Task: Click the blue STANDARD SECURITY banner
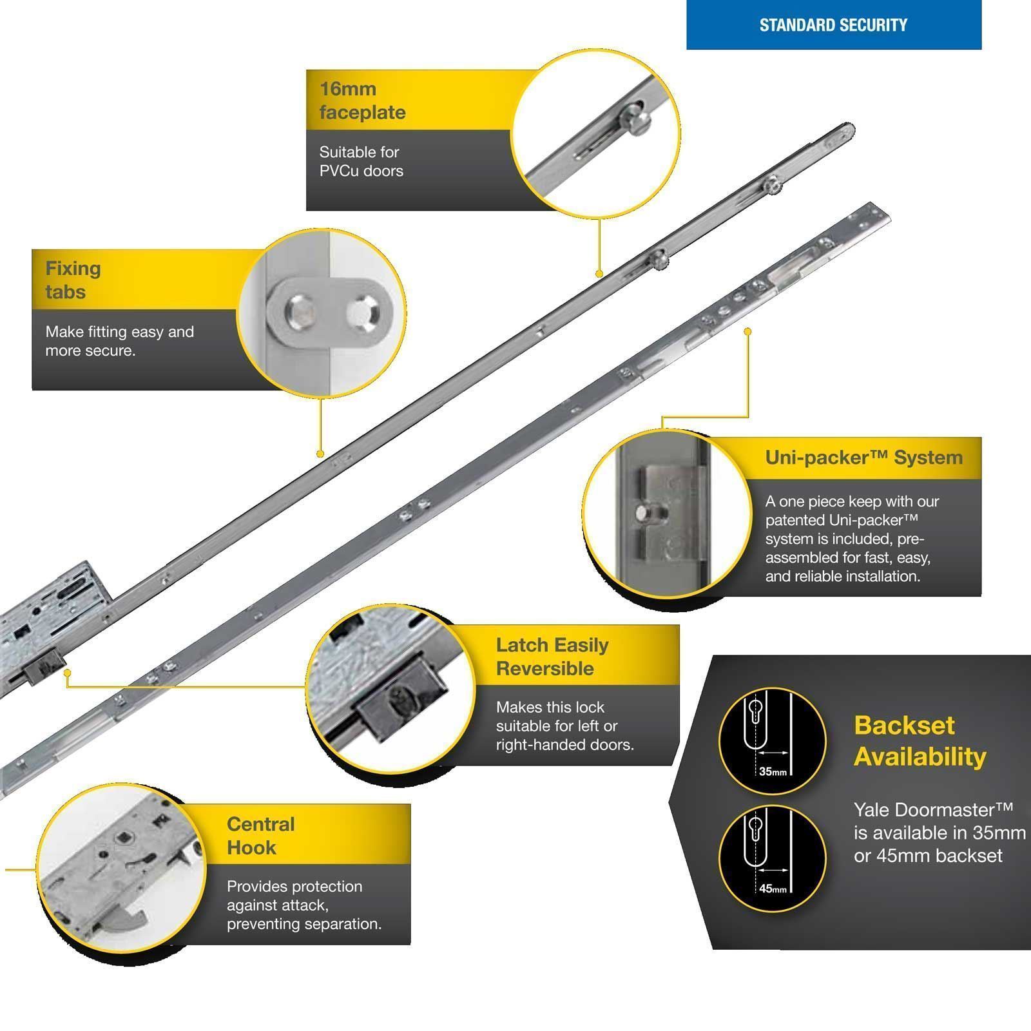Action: (x=833, y=25)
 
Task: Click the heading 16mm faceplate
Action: (x=362, y=101)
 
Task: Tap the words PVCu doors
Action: (x=361, y=171)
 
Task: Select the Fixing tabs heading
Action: (x=73, y=280)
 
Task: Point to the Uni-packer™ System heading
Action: (x=863, y=458)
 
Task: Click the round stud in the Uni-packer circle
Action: (x=644, y=513)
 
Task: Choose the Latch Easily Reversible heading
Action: (x=552, y=656)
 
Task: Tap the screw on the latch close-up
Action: (x=401, y=698)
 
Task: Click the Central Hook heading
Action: (x=260, y=835)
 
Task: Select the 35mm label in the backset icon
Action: (x=773, y=771)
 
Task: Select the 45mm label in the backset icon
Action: (x=773, y=889)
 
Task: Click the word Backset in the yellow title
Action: (x=903, y=726)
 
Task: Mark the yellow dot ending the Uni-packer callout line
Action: (x=747, y=331)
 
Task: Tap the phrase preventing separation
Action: (x=304, y=923)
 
